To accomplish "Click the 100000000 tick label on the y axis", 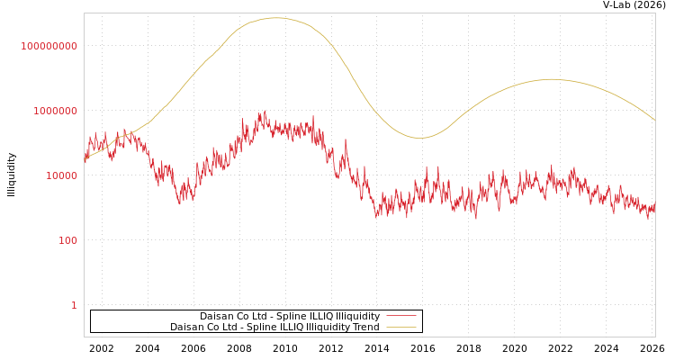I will point(49,46).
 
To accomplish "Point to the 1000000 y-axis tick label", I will point(56,111).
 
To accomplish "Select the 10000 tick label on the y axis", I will point(62,175).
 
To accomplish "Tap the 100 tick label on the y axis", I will point(68,240).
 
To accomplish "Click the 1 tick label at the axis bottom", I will point(74,305).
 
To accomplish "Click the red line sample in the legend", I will point(401,316).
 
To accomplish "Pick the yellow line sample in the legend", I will point(401,327).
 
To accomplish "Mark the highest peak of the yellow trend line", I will point(274,18).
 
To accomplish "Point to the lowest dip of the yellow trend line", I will point(419,138).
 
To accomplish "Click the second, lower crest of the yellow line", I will point(551,79).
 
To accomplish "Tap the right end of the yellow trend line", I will point(654,120).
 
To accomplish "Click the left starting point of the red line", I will point(85,158).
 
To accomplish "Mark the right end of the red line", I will point(654,207).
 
